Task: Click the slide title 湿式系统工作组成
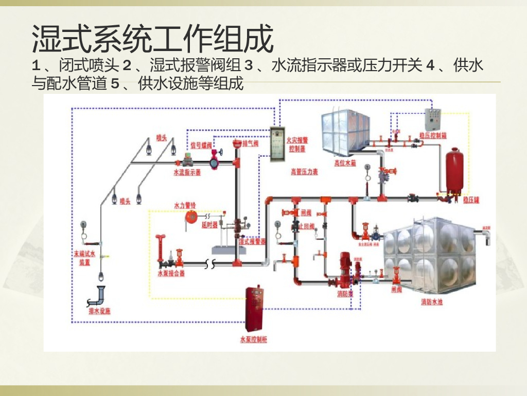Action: tap(152, 39)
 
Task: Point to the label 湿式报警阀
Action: tap(252, 241)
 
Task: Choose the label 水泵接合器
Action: tap(171, 273)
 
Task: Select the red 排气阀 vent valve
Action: tap(237, 143)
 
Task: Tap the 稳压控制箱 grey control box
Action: tap(432, 120)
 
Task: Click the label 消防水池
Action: tap(431, 302)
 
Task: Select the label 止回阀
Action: tap(306, 226)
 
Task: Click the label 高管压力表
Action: tap(304, 172)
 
